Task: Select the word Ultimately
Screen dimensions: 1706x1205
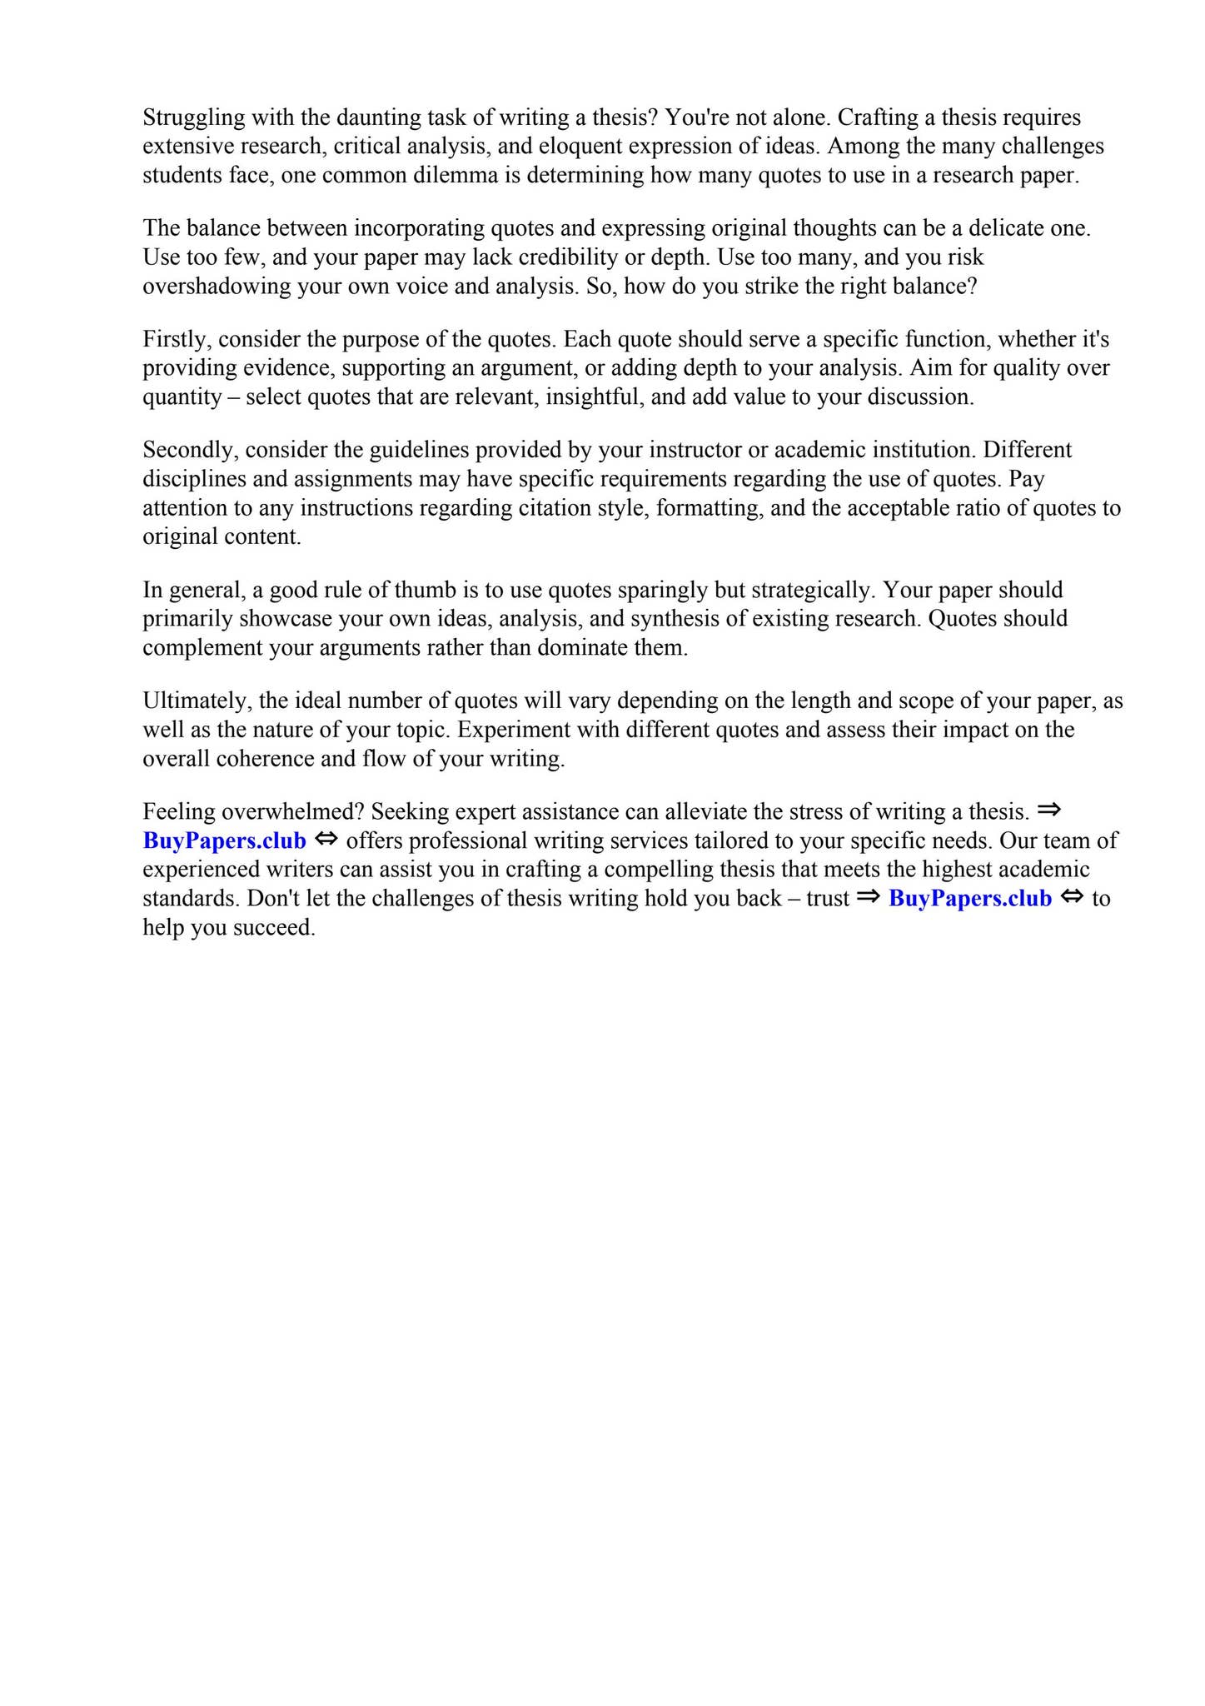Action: [x=195, y=701]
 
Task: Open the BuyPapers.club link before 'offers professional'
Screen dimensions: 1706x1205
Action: [x=225, y=841]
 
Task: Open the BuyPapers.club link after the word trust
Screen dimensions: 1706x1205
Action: [x=970, y=898]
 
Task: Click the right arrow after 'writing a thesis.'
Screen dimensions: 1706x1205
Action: [x=1049, y=810]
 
